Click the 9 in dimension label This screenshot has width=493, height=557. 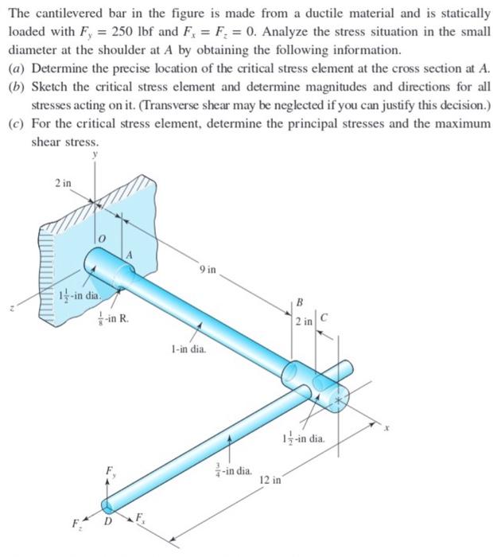click(x=209, y=270)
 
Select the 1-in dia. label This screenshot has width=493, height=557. click(x=188, y=349)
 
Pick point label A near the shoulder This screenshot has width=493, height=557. click(x=128, y=255)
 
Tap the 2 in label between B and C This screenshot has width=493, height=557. click(x=303, y=321)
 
